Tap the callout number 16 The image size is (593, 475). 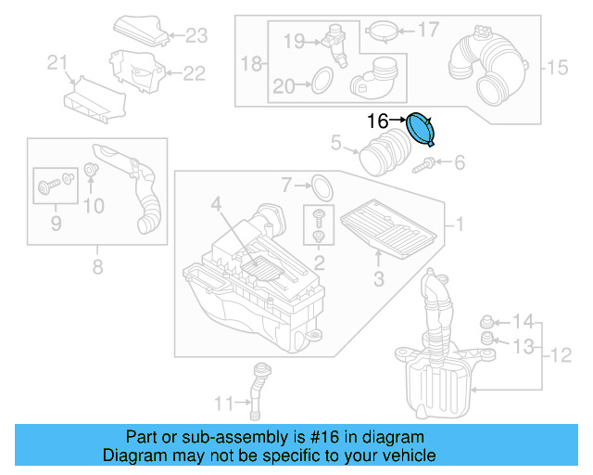click(378, 121)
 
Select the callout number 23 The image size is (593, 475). click(197, 36)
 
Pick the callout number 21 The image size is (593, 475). click(58, 63)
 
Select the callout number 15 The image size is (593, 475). click(556, 67)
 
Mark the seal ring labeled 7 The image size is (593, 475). click(320, 186)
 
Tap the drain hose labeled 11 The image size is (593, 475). click(259, 384)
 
